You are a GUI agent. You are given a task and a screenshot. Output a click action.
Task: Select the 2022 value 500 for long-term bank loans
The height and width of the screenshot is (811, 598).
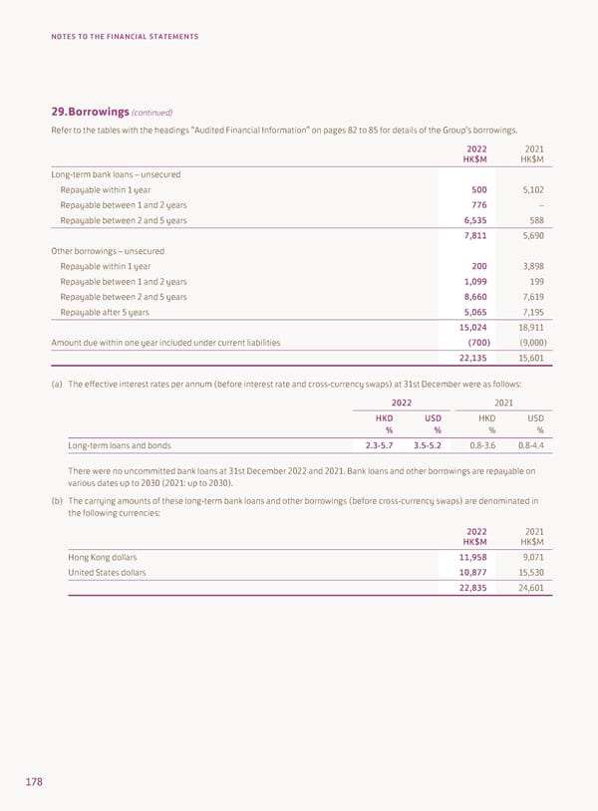(476, 189)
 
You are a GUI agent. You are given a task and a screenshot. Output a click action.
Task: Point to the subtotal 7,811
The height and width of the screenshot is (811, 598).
(472, 236)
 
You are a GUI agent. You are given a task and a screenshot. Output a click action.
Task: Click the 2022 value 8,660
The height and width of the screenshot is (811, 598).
(472, 297)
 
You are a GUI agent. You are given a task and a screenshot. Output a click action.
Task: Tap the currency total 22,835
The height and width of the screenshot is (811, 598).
(469, 588)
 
